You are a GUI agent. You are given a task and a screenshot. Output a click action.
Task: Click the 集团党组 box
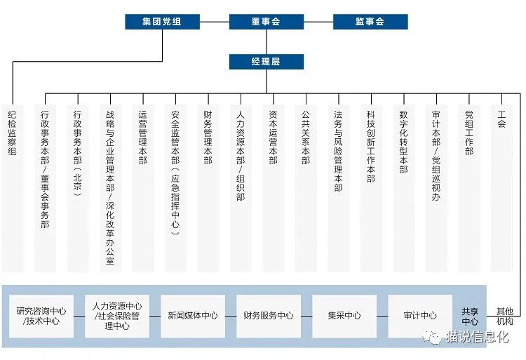click(163, 22)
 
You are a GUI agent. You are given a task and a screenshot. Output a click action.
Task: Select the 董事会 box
click(267, 22)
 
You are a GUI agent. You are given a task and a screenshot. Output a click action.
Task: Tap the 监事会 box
click(370, 22)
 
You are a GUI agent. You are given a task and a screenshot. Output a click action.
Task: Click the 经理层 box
click(267, 62)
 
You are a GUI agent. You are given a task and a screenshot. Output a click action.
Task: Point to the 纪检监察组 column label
click(12, 133)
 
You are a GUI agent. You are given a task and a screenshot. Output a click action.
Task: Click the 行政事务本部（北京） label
click(77, 153)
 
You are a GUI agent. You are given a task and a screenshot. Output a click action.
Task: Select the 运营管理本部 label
click(142, 138)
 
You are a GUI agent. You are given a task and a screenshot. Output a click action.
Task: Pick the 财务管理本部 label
click(208, 138)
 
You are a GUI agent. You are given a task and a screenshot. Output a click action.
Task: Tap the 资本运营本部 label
click(273, 138)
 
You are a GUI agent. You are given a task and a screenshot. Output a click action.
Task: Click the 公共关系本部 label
click(306, 138)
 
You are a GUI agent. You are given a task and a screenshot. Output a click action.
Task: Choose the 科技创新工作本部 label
click(371, 147)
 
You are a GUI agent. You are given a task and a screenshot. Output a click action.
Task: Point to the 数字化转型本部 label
click(403, 142)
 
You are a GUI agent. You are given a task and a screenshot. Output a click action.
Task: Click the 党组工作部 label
click(469, 133)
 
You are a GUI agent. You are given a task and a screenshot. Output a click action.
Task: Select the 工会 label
click(501, 119)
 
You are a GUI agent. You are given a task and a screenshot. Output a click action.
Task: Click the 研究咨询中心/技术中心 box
click(41, 316)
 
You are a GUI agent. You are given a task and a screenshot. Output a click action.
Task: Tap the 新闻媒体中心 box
click(193, 316)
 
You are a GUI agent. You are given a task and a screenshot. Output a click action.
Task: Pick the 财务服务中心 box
click(269, 316)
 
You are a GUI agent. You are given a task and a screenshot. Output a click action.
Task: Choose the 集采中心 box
click(344, 316)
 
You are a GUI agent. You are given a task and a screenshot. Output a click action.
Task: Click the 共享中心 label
click(470, 316)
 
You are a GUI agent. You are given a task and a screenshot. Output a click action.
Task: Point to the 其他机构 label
click(505, 316)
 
